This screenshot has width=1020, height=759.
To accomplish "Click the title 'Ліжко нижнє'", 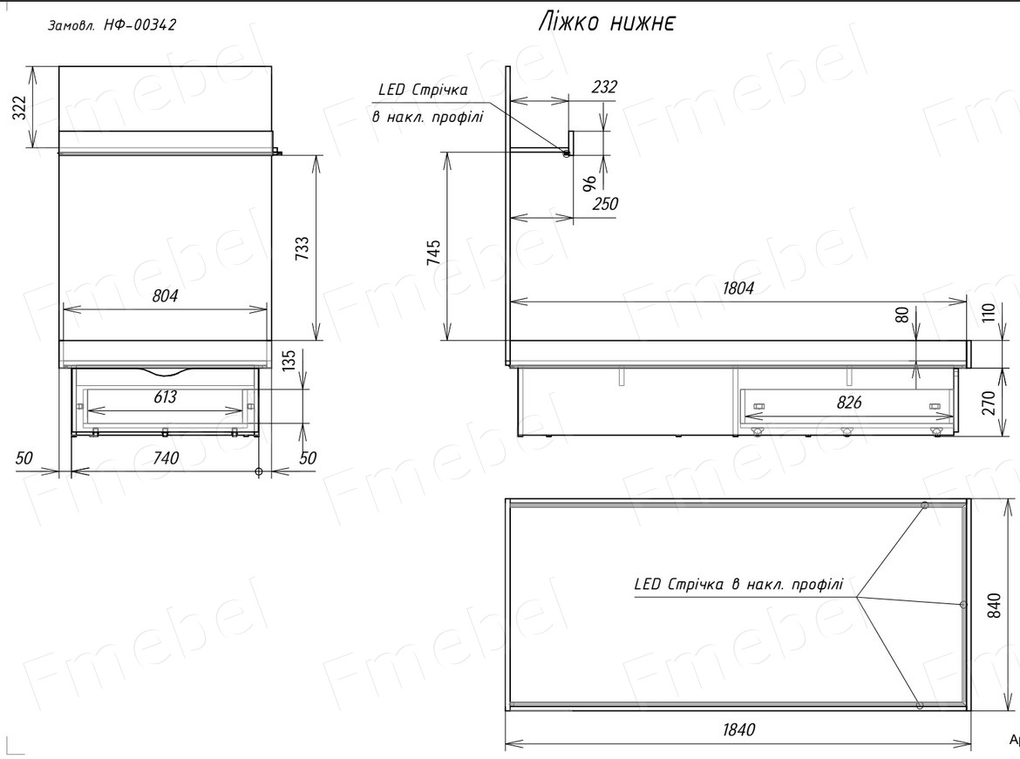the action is (607, 23).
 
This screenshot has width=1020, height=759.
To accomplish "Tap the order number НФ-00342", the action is (139, 25).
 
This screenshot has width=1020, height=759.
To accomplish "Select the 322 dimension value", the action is (21, 107).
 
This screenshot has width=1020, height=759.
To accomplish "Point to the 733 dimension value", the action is (303, 248).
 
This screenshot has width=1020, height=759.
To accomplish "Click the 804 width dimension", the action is (166, 296).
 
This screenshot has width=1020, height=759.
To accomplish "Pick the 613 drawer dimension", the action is (166, 396).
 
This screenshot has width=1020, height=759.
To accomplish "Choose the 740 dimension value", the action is (166, 457).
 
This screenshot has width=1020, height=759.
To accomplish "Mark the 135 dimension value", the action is (289, 360).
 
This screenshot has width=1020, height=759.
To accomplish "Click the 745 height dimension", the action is (433, 253).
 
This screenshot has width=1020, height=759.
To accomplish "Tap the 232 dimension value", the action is (604, 86).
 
